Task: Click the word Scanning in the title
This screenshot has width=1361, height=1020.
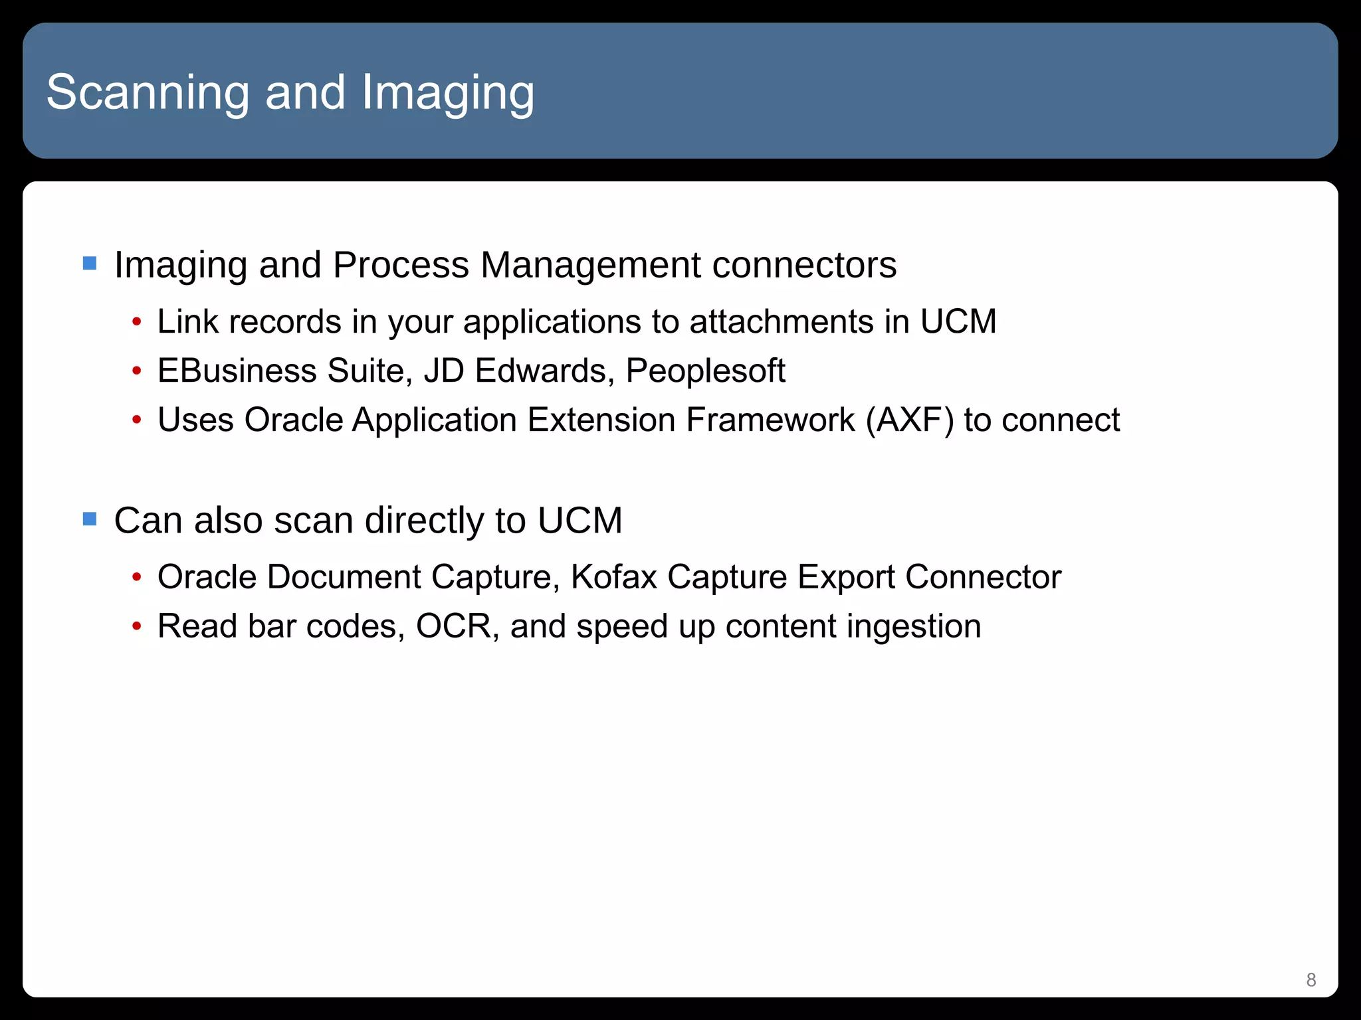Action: click(x=148, y=92)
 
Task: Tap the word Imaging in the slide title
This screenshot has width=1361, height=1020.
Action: click(x=447, y=92)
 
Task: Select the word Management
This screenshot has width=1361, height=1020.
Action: click(x=590, y=265)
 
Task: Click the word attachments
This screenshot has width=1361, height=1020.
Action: click(x=782, y=322)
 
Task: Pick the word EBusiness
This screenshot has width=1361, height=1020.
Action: click(x=237, y=371)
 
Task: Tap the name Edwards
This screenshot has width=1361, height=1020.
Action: click(x=544, y=371)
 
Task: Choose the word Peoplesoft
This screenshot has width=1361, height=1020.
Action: click(x=705, y=371)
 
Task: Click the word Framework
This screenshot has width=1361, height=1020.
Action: click(x=770, y=420)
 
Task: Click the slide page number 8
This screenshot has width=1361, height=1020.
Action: click(x=1310, y=979)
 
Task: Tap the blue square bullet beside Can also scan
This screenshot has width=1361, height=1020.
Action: click(x=90, y=519)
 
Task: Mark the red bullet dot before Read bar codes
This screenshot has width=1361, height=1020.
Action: click(x=136, y=627)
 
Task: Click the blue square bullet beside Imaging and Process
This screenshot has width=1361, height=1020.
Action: click(x=90, y=264)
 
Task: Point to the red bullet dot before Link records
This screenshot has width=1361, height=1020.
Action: click(x=136, y=323)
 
